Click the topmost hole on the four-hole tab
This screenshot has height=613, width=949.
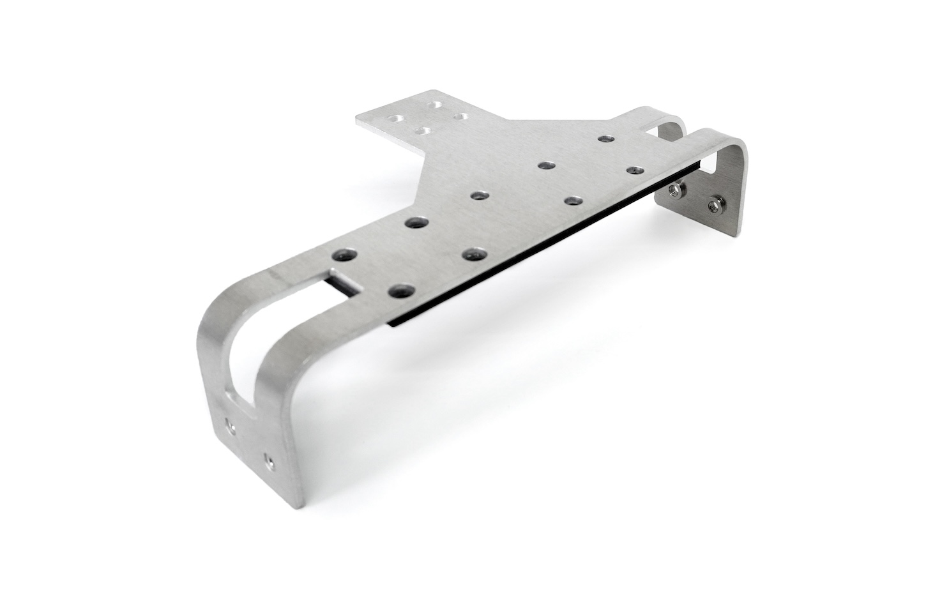[x=435, y=104]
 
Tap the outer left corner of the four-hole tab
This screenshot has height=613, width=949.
[x=357, y=119]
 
